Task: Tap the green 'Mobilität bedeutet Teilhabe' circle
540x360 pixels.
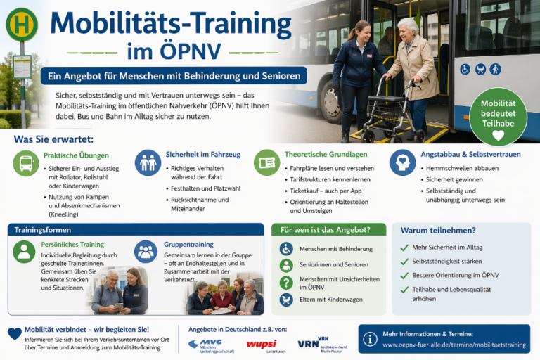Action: (498, 115)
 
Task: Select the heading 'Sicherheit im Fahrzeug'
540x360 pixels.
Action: (202, 154)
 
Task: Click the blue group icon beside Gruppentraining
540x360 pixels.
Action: (146, 251)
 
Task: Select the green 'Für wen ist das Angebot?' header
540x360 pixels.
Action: (328, 230)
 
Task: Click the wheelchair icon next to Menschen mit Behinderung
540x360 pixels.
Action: (286, 249)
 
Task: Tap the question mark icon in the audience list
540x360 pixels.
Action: (286, 283)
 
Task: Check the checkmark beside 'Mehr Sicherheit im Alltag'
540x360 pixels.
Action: (404, 247)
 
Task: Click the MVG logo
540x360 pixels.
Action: (205, 344)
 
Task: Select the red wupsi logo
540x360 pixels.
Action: (260, 344)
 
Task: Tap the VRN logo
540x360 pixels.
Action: (309, 343)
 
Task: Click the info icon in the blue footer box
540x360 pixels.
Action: (370, 339)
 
